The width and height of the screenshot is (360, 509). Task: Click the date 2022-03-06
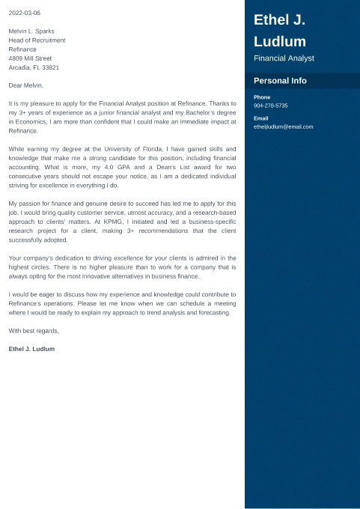(25, 13)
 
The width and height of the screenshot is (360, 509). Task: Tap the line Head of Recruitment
(37, 40)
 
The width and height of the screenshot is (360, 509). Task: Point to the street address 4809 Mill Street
(30, 58)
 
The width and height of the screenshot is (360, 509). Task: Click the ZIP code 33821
(52, 67)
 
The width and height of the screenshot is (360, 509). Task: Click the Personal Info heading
(280, 80)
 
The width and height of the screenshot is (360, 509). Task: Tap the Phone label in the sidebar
(262, 97)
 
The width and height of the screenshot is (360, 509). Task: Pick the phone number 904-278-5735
(271, 106)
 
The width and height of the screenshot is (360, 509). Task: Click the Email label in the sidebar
(261, 118)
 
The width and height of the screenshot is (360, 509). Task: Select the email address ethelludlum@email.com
(284, 127)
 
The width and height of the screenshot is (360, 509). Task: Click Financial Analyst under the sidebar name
(284, 58)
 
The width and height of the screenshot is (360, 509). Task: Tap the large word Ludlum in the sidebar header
(280, 41)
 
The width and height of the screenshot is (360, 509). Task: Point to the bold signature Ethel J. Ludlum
(31, 349)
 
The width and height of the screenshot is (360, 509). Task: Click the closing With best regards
(34, 330)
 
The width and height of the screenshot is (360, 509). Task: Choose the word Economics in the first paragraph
(31, 121)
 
